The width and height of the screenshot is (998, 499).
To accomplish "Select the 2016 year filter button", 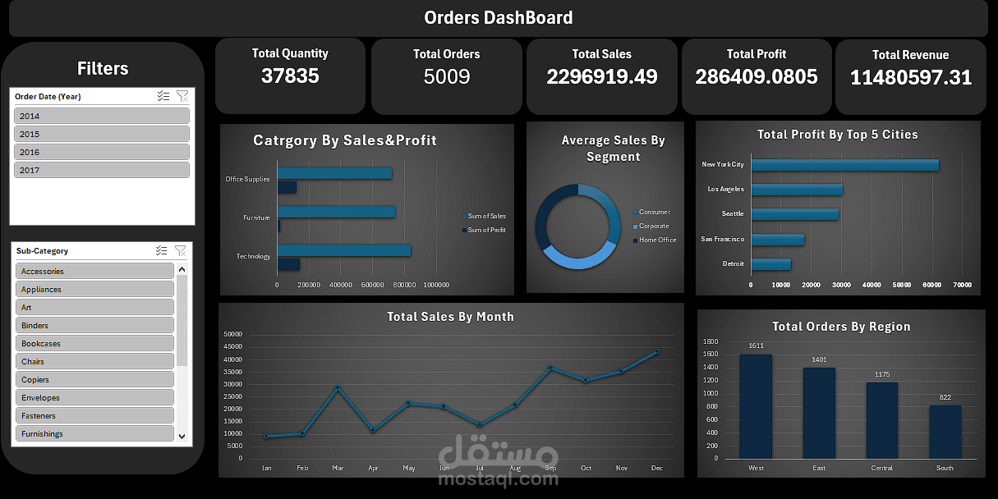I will point(102,152).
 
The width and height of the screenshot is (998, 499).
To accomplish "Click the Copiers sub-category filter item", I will point(94,379).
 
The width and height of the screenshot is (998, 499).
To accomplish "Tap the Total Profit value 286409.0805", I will point(757,77).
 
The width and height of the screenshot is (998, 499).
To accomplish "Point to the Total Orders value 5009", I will point(447,77).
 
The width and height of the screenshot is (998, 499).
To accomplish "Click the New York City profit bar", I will point(844,165).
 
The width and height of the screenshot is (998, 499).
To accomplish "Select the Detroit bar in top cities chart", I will point(770,264).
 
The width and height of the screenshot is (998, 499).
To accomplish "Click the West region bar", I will point(756,406).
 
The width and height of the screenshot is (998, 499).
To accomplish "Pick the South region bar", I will point(945,432).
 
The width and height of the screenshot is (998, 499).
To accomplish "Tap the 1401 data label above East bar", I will point(819,359).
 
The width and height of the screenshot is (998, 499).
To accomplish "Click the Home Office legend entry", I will point(657,240).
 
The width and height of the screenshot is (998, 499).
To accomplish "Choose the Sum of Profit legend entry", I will point(486,230).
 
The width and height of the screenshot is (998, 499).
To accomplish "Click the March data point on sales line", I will point(338,387).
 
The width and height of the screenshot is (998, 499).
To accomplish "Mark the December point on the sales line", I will point(656,351).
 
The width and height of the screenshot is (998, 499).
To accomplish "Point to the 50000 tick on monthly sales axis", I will point(232,334).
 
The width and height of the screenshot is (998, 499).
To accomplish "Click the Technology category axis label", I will point(253,256).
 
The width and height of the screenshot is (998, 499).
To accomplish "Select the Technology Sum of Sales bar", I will point(343,250).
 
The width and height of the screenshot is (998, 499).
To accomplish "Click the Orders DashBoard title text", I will point(499,17).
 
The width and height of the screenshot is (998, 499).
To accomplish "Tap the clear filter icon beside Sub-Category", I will point(181,250).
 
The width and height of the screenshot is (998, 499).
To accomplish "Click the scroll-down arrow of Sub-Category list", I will point(182,437).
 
